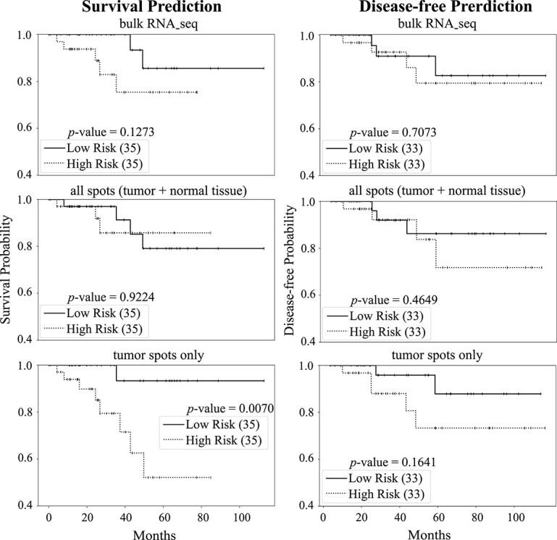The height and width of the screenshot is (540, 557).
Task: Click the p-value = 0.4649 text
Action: pyautogui.click(x=390, y=300)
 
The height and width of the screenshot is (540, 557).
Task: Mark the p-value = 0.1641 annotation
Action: pyautogui.click(x=390, y=462)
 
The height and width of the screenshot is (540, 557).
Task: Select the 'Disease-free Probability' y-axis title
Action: pyautogui.click(x=291, y=269)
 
